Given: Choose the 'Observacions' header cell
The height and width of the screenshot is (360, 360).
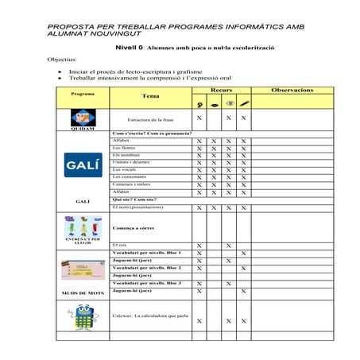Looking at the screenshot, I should pos(292,90).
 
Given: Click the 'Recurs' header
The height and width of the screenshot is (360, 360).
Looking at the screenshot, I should pos(222,90).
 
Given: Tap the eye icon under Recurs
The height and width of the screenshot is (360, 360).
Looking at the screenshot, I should pos(214,103).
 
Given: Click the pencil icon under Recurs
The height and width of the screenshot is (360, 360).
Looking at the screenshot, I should pos(244,103).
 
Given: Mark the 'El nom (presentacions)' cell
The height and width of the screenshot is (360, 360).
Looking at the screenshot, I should pos(137,207).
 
